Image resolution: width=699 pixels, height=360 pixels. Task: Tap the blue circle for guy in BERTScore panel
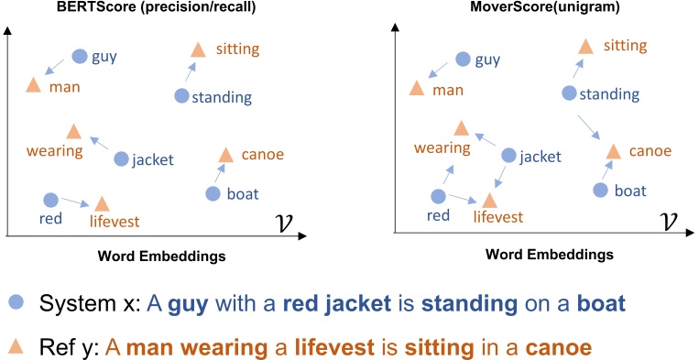80,56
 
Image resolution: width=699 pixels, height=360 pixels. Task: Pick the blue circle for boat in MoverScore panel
600,190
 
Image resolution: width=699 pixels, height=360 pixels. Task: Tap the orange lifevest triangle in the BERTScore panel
102,202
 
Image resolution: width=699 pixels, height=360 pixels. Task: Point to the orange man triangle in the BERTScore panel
33,84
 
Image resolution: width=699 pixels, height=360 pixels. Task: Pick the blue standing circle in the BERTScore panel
181,95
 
